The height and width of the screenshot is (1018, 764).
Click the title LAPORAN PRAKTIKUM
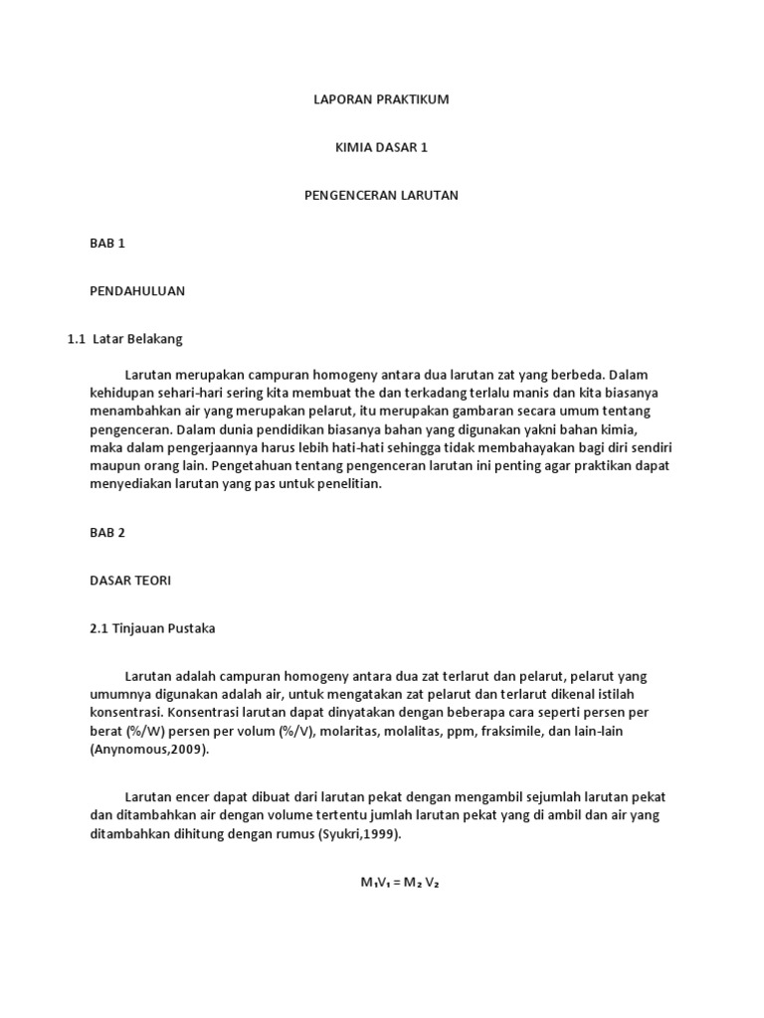(x=382, y=99)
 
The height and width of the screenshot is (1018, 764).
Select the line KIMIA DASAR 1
(x=382, y=147)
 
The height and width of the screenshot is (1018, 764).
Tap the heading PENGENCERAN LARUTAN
(x=381, y=195)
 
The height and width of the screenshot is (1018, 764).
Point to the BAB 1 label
(x=107, y=243)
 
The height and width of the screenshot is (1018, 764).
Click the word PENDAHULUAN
(x=137, y=291)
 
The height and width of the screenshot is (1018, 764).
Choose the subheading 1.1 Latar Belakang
(x=125, y=339)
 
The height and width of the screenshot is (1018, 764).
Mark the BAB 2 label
(x=107, y=532)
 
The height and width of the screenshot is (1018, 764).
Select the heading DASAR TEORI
(x=130, y=581)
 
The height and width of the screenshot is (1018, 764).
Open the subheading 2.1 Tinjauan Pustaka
(x=152, y=628)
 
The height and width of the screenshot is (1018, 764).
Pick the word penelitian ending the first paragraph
(x=345, y=484)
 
